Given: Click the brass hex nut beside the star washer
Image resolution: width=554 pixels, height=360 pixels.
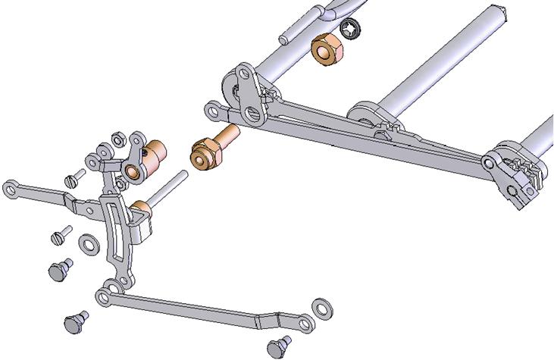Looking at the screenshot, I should coord(328,52).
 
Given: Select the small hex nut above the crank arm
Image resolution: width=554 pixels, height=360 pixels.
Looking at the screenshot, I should coord(118,139).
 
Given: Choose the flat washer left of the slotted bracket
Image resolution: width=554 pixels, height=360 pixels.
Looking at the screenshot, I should coord(88,243).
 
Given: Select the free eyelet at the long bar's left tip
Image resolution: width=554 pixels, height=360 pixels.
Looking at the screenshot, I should coord(216,111).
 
